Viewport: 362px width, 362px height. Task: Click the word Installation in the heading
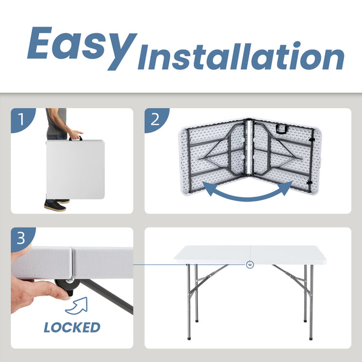(x=241, y=57)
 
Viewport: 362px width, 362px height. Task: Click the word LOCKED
(x=72, y=328)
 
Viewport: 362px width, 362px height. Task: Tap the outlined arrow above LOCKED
(x=77, y=306)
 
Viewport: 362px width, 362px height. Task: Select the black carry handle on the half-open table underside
(x=282, y=129)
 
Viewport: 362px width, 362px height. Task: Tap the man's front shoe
(x=55, y=206)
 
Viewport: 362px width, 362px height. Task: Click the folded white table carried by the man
(x=75, y=169)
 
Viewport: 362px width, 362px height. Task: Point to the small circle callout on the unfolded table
(x=250, y=265)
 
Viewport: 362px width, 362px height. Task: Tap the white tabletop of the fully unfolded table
(x=250, y=255)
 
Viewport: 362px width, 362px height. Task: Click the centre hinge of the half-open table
(x=249, y=148)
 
